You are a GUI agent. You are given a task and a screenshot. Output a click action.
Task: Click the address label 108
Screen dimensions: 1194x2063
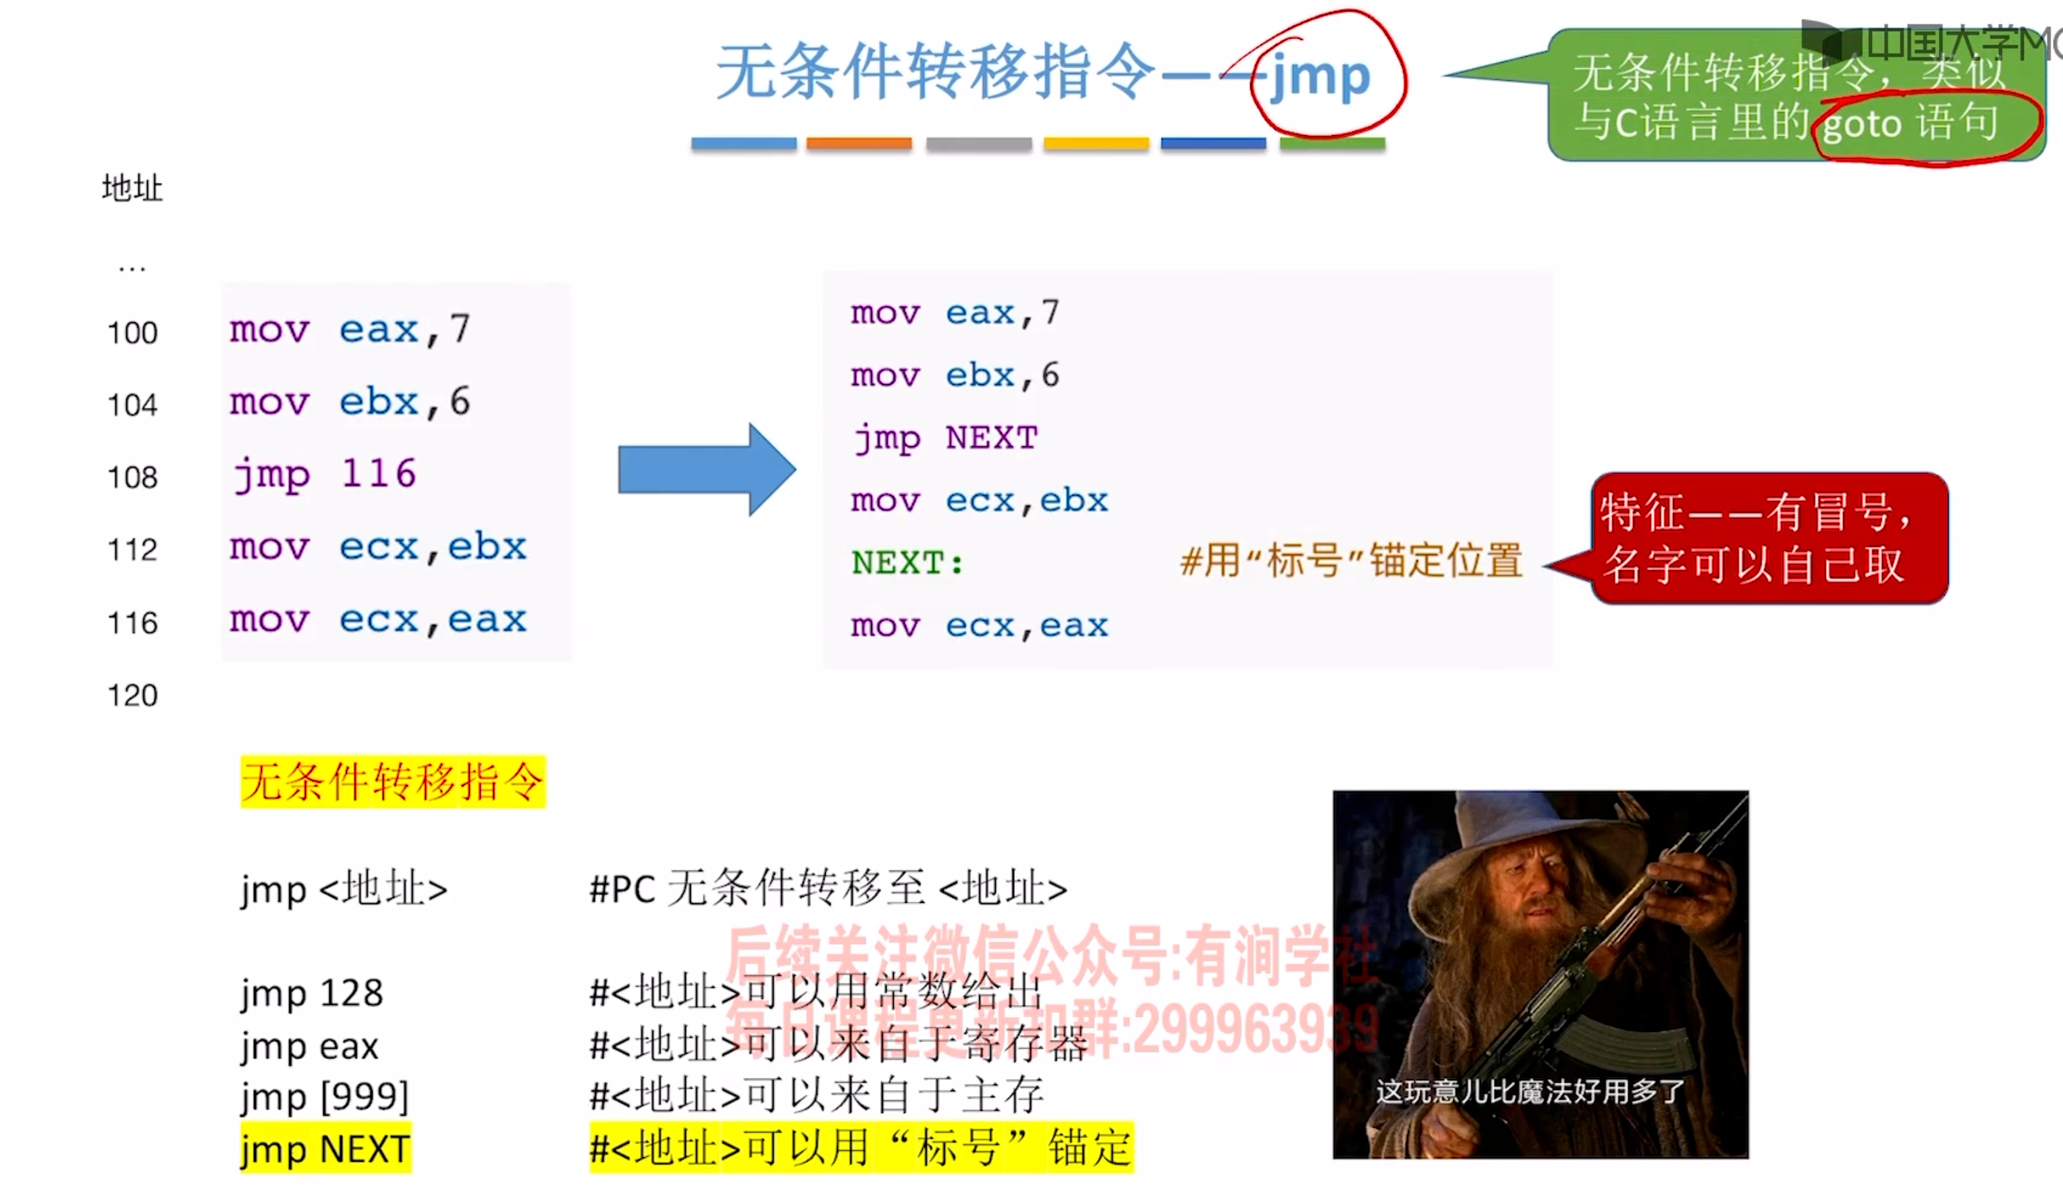point(132,477)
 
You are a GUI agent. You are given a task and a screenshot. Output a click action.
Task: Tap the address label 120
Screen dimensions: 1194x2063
point(132,696)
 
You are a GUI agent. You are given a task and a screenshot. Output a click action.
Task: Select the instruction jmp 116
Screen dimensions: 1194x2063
point(324,474)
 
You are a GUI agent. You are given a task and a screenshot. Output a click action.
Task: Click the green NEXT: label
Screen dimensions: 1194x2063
point(908,563)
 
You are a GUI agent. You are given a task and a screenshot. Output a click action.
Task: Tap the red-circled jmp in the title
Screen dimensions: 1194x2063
point(1320,77)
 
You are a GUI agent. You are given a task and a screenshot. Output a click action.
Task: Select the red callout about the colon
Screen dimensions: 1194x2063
point(1768,538)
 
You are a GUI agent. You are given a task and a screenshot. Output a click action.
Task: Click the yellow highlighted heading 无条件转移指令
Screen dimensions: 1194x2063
point(392,781)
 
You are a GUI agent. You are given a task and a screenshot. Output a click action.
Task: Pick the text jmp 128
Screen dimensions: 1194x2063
point(312,993)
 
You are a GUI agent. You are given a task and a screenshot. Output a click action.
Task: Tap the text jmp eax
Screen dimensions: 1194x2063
point(309,1046)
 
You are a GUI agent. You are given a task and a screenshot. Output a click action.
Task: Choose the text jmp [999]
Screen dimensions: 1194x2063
point(324,1097)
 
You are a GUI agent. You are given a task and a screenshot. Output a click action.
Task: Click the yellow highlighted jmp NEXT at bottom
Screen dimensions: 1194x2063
point(325,1149)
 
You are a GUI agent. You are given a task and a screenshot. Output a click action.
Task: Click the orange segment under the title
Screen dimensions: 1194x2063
point(859,144)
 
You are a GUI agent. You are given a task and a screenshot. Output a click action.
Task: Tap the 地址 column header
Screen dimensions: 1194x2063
point(132,188)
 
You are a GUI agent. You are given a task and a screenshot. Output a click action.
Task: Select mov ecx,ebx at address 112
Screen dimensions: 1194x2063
point(377,547)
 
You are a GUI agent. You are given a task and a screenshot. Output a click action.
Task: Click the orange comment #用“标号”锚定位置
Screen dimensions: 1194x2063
point(1351,562)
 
